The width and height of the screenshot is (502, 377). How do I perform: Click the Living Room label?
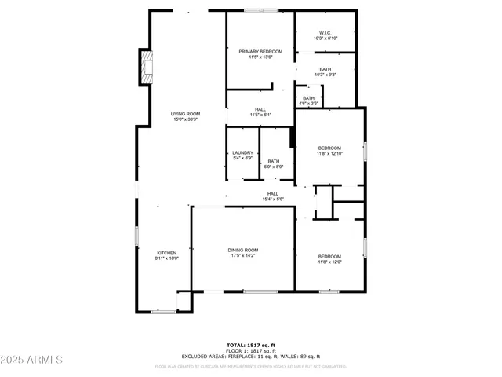coord(186,114)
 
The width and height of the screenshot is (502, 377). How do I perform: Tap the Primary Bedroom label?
coord(260,52)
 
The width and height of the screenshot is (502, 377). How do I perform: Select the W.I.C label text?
coord(325,33)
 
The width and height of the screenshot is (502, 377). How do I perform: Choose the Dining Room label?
coord(243,250)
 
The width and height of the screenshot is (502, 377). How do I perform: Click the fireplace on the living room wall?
coord(146,67)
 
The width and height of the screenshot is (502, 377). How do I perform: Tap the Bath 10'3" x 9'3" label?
coord(325,69)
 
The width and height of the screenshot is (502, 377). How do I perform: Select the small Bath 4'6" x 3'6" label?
coord(308,98)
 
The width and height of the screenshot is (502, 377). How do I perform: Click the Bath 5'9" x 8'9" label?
coord(274,161)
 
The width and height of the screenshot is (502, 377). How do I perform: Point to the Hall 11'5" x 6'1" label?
coord(260,110)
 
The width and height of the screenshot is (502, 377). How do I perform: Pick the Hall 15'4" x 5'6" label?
coord(272,194)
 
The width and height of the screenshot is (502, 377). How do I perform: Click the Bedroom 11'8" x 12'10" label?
coord(329,148)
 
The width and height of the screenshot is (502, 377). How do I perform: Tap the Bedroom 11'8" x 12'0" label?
coord(329,257)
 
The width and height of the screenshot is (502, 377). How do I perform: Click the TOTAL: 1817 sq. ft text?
coord(250,345)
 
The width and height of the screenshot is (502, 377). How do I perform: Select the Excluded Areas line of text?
coord(250,356)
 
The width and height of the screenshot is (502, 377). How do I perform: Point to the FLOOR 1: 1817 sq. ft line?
coord(250,350)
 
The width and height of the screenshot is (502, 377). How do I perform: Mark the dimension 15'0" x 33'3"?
coord(186,119)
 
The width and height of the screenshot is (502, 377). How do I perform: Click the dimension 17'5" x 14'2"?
coord(243,255)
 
